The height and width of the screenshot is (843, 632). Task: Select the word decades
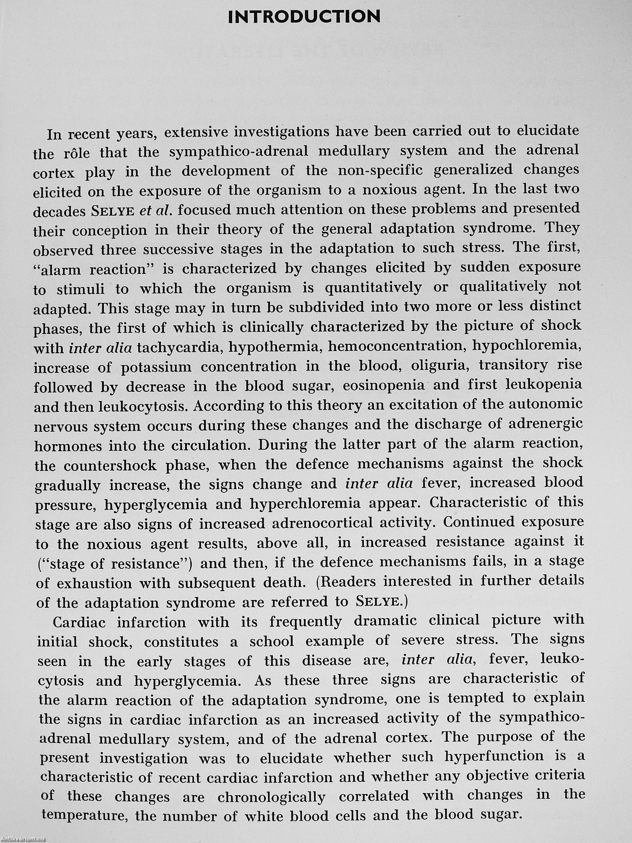(59, 212)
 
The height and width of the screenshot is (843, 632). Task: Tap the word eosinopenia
(384, 385)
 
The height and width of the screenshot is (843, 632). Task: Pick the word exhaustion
(94, 584)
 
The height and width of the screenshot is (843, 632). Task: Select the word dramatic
(387, 621)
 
